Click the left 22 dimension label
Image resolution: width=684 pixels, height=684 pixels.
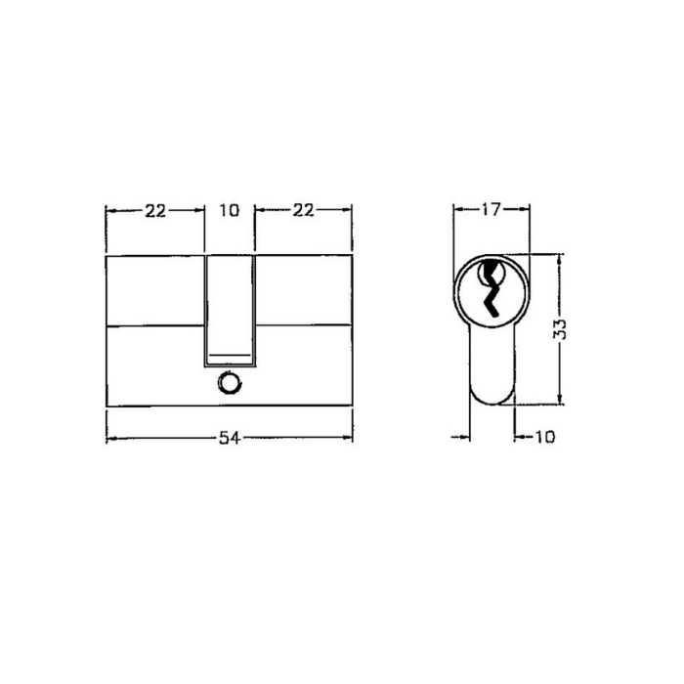pyautogui.click(x=155, y=210)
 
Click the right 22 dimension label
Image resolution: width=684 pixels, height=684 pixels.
pyautogui.click(x=304, y=210)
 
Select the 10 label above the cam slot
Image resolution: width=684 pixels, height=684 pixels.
pyautogui.click(x=230, y=210)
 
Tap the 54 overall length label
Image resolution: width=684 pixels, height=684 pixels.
pyautogui.click(x=229, y=437)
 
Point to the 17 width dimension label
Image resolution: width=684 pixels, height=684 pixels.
pyautogui.click(x=492, y=209)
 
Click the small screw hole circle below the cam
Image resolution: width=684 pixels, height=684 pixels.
pyautogui.click(x=230, y=384)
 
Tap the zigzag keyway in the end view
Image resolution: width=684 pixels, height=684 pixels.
pyautogui.click(x=492, y=288)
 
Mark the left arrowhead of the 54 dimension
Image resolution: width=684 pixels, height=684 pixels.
pyautogui.click(x=110, y=437)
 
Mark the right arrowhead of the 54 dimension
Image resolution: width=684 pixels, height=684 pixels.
pyautogui.click(x=347, y=437)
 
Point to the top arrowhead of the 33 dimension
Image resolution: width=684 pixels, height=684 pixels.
pyautogui.click(x=559, y=259)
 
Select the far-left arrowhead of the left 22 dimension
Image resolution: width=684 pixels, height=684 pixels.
pyautogui.click(x=110, y=210)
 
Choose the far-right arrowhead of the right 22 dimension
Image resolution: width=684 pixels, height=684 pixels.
pyautogui.click(x=347, y=210)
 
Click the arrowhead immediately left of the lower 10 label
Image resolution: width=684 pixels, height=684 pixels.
pyautogui.click(x=519, y=437)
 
